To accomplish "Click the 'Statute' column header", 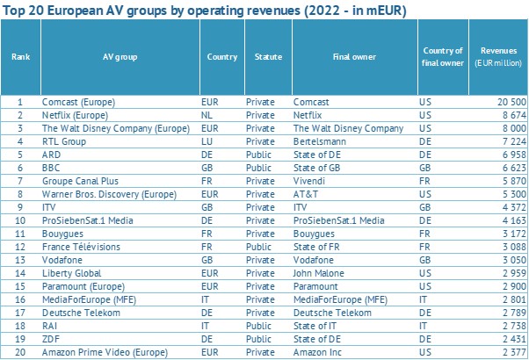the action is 268,56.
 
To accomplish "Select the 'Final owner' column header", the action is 354,56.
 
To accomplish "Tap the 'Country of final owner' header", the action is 443,56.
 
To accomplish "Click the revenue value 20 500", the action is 511,102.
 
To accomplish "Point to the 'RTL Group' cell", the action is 64,141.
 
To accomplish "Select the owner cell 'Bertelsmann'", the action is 320,141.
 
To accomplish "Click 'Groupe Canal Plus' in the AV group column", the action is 80,181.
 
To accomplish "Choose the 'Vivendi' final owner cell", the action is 309,181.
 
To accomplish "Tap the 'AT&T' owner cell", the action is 305,194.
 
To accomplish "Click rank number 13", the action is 20,260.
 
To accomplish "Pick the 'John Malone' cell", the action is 318,273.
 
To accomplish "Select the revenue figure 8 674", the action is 514,115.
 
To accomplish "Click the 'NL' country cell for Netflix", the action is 207,115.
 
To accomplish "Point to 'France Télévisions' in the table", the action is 81,247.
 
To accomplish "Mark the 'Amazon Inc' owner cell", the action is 317,352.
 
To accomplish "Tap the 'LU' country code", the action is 207,141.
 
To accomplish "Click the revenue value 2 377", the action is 514,352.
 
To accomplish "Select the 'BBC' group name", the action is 51,168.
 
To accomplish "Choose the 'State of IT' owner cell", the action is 315,326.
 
